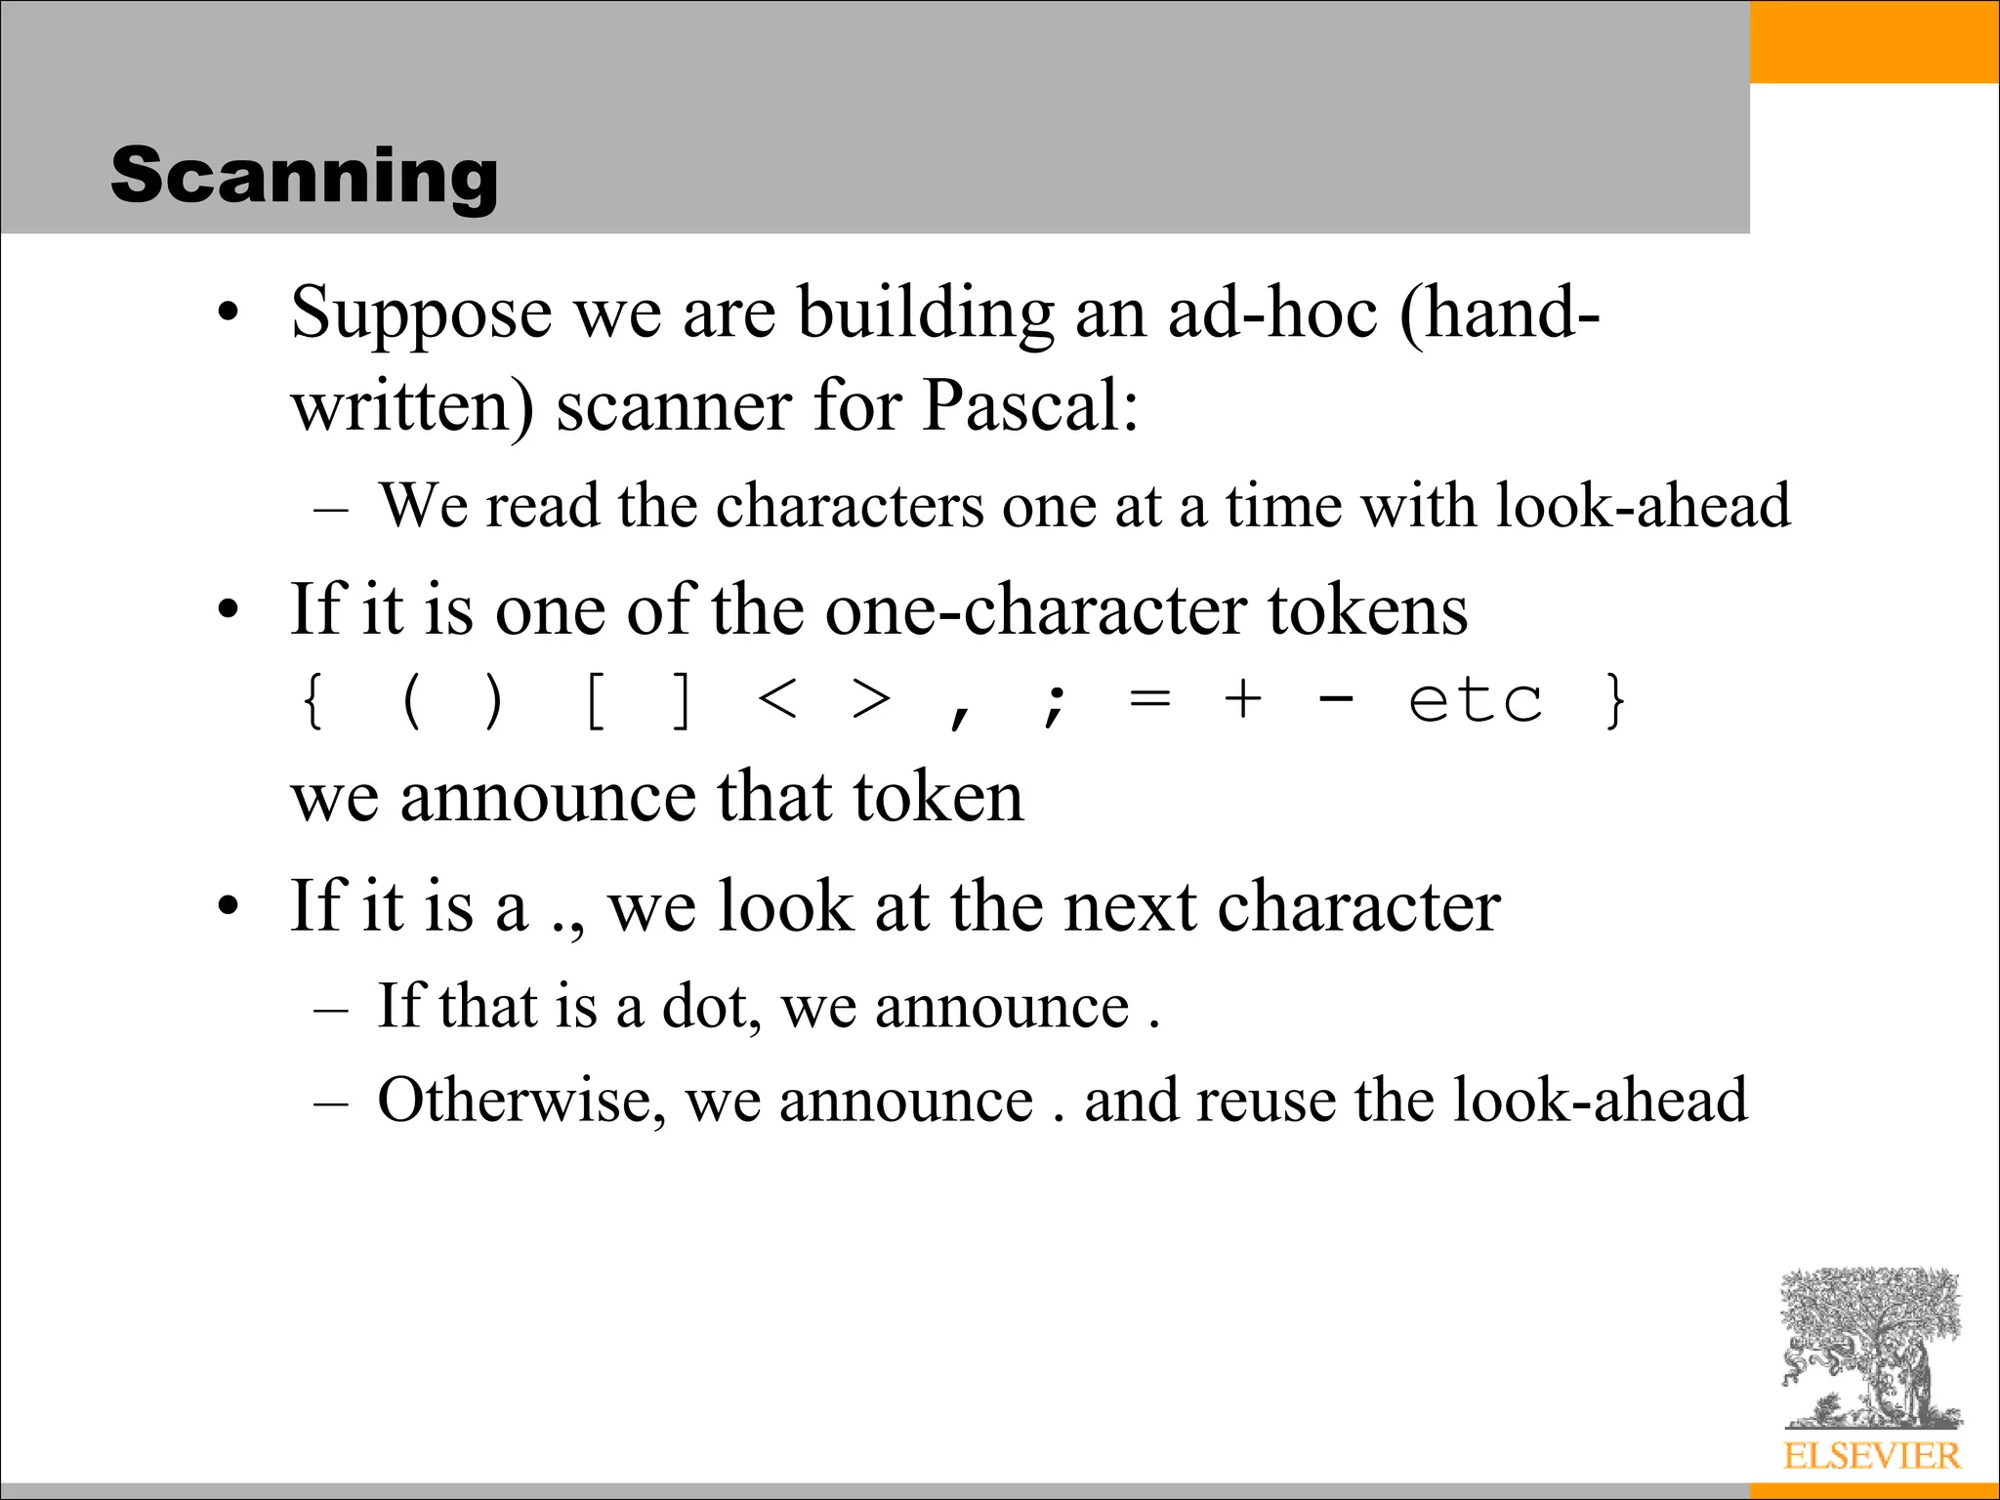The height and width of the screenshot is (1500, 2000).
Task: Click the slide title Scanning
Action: click(304, 175)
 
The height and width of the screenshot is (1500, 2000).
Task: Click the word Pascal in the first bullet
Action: click(1029, 405)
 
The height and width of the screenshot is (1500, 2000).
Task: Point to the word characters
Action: click(850, 506)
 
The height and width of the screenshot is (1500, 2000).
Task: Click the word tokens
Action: click(1367, 610)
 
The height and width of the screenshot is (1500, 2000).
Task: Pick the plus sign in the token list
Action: click(1243, 700)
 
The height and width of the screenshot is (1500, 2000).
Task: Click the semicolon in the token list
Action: click(1054, 704)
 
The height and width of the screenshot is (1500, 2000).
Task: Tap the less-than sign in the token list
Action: click(778, 700)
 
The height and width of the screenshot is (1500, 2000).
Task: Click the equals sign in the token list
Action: click(1148, 700)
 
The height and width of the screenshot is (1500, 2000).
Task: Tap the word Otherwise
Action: click(521, 1101)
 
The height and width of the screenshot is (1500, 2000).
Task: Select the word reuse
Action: click(1268, 1101)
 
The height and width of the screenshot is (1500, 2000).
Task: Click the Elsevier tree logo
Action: click(1870, 1349)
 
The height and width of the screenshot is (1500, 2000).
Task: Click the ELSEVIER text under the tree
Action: click(1871, 1456)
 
